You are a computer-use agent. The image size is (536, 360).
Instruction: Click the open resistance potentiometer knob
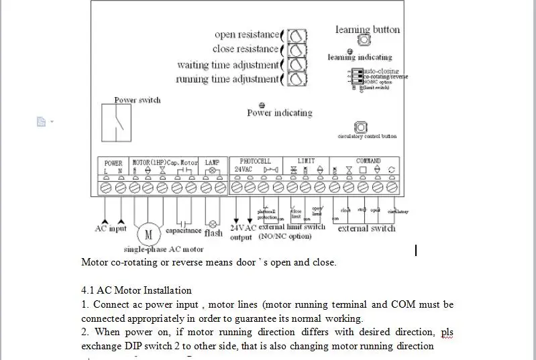click(297, 36)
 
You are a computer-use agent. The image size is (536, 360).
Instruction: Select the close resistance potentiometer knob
click(297, 50)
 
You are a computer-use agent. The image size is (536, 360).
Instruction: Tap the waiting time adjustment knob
click(297, 65)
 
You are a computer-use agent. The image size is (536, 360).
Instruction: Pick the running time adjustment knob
click(297, 79)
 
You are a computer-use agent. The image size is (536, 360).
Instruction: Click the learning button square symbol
click(364, 40)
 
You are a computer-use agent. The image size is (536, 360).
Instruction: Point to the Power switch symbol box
click(117, 123)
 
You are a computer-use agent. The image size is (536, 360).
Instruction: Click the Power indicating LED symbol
click(262, 105)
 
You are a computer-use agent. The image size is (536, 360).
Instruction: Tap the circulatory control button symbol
click(361, 127)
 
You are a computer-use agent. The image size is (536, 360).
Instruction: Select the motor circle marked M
click(149, 235)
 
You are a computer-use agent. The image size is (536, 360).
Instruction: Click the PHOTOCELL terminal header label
click(256, 162)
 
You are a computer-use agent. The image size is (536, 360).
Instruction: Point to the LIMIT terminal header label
click(306, 162)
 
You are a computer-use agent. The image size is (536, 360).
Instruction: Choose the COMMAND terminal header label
click(368, 162)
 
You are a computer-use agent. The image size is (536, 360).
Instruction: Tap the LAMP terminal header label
click(212, 162)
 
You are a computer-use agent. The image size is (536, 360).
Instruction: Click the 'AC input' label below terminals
click(111, 229)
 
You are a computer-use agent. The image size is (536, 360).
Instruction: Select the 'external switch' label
click(366, 229)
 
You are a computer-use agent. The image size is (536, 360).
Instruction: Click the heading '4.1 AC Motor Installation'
click(136, 290)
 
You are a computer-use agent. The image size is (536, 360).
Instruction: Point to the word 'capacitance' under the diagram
click(183, 231)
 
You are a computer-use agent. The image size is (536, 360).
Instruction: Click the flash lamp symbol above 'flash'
click(213, 223)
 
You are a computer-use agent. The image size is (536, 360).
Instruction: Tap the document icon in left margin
click(41, 121)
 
